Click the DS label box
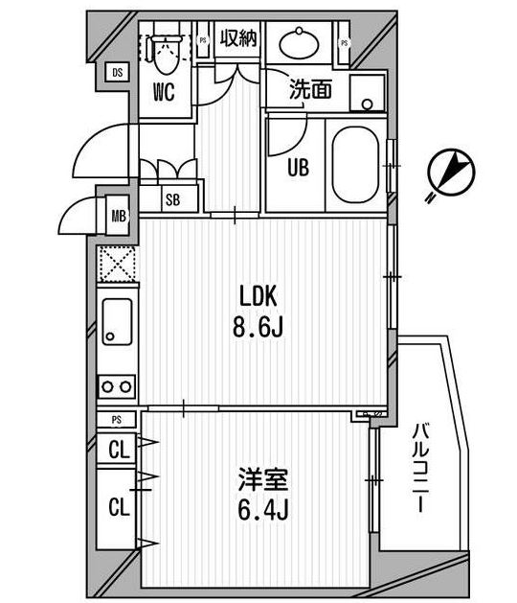(116, 73)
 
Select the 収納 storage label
(238, 38)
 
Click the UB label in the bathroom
(299, 166)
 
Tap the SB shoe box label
(173, 199)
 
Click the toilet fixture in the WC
(164, 58)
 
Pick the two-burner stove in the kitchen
(117, 386)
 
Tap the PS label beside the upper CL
(116, 419)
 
